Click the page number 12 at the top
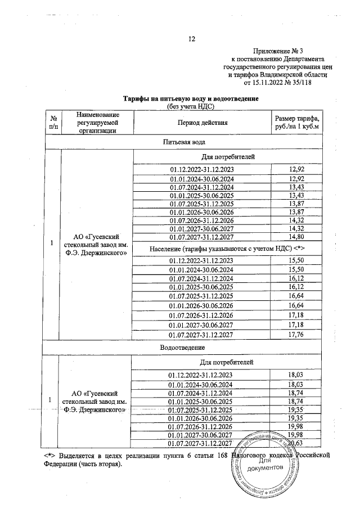[191, 39]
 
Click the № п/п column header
[52, 123]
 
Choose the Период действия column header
[202, 123]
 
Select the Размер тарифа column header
[296, 123]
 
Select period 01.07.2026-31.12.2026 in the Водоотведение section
[202, 427]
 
